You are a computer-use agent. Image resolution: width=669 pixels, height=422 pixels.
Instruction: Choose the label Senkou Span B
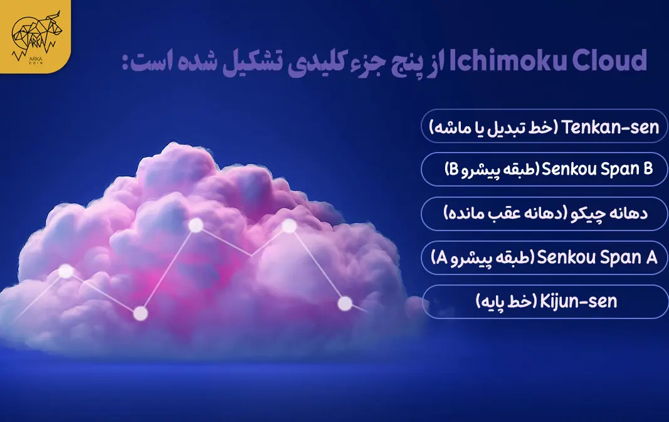pos(597,169)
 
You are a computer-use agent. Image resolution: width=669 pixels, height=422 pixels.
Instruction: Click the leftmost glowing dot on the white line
pos(65,271)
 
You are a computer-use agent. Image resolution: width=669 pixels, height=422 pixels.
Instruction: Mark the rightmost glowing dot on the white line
pos(345,303)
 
